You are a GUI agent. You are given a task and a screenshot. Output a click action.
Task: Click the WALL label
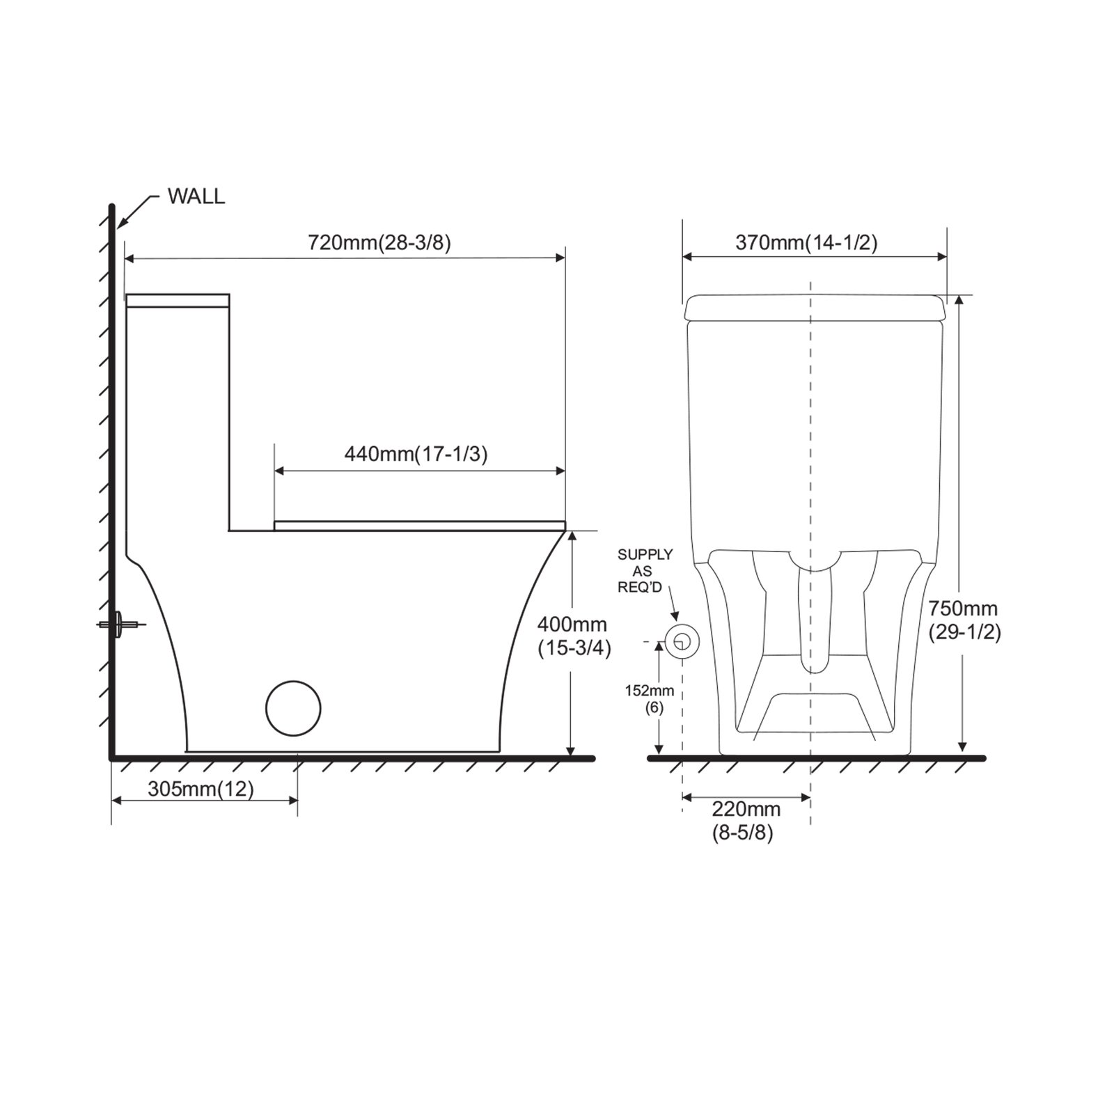196,197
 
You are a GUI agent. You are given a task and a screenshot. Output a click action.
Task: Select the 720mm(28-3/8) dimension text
379,242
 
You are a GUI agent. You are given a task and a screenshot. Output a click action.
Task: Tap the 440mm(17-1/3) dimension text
416,454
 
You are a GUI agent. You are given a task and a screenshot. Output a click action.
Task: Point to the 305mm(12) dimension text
201,789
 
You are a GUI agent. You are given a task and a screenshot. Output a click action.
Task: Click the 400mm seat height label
572,625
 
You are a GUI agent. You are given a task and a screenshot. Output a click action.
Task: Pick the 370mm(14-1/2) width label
806,242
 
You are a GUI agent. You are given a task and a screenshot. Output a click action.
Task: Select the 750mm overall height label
963,609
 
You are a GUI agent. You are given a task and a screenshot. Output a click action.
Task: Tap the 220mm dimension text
746,809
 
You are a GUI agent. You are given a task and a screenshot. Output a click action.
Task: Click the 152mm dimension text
649,691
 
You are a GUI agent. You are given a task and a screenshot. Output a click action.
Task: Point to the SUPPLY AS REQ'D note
645,571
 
